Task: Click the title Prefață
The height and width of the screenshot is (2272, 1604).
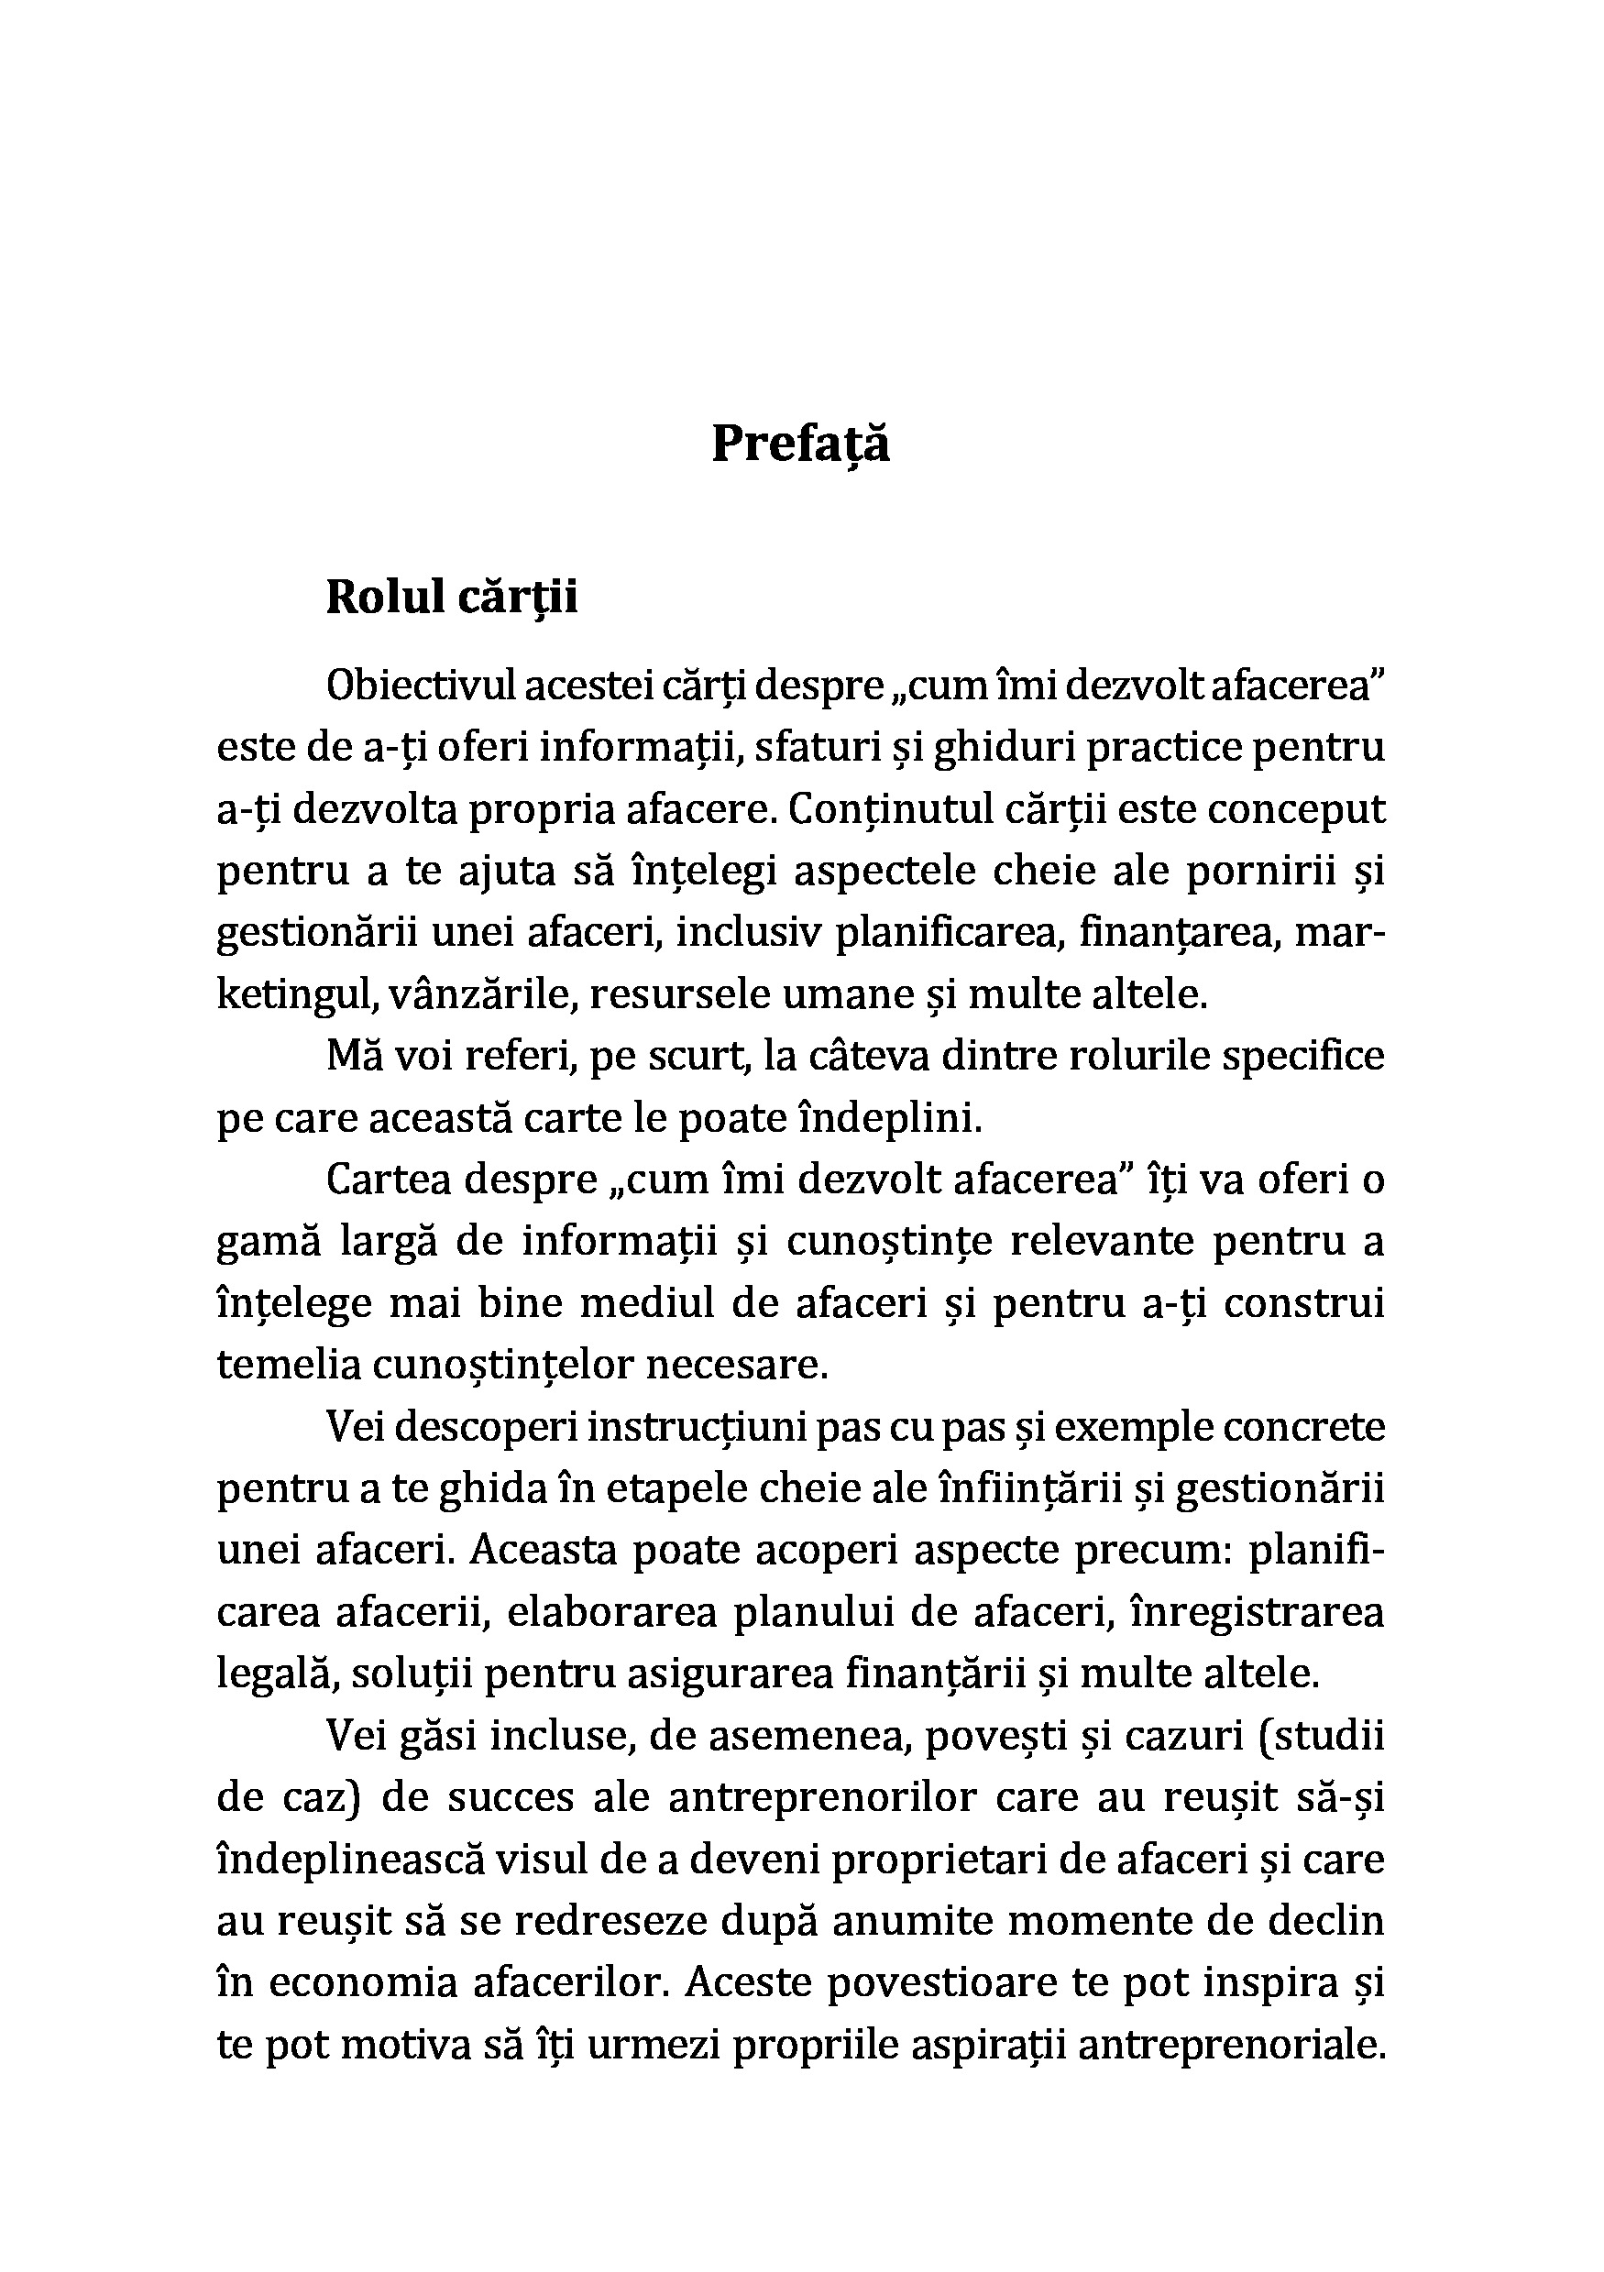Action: [x=800, y=445]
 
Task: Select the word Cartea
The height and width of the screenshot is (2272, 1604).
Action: [x=388, y=1180]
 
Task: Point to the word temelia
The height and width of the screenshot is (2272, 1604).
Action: [x=288, y=1366]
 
